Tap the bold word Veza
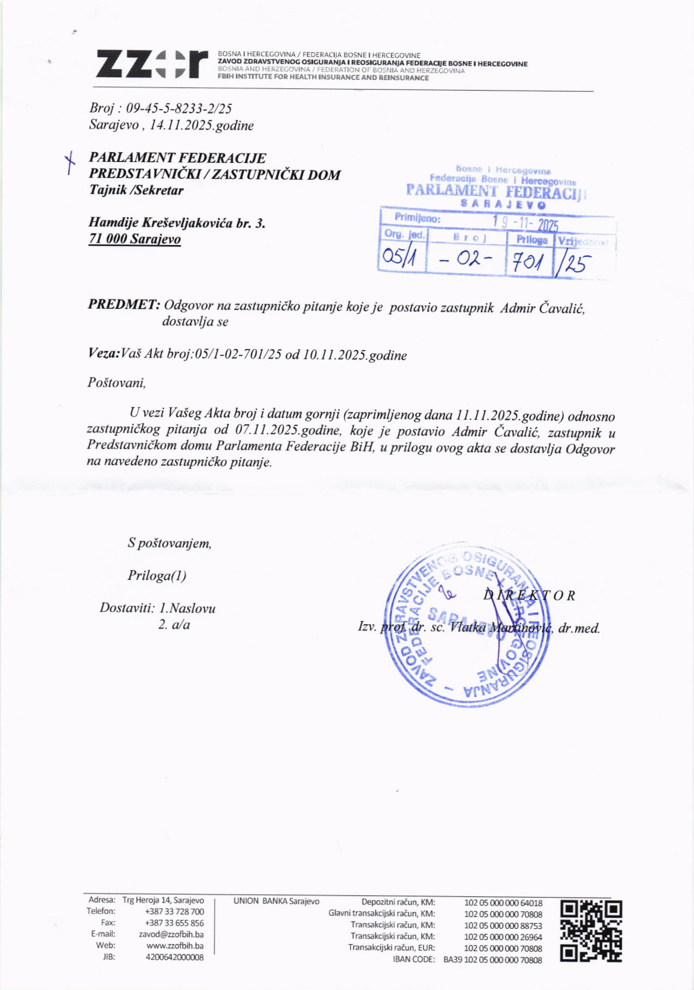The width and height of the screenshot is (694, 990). click(103, 355)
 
